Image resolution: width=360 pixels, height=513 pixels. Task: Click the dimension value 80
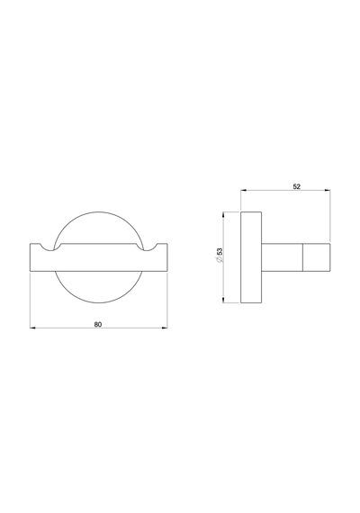98,325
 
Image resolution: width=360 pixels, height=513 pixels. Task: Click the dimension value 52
296,186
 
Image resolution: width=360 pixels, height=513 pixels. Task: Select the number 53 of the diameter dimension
220,252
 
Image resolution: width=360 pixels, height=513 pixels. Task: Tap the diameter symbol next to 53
220,259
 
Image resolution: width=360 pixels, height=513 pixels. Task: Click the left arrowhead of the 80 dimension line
32,328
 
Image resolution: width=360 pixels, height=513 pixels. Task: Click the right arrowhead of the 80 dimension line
165,328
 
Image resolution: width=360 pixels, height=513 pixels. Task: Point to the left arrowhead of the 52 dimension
243,190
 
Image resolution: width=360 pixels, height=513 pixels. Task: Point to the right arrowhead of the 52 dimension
328,190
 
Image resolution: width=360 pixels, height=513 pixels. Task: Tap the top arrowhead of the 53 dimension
223,214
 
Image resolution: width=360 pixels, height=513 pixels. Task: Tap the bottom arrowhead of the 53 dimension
223,300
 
